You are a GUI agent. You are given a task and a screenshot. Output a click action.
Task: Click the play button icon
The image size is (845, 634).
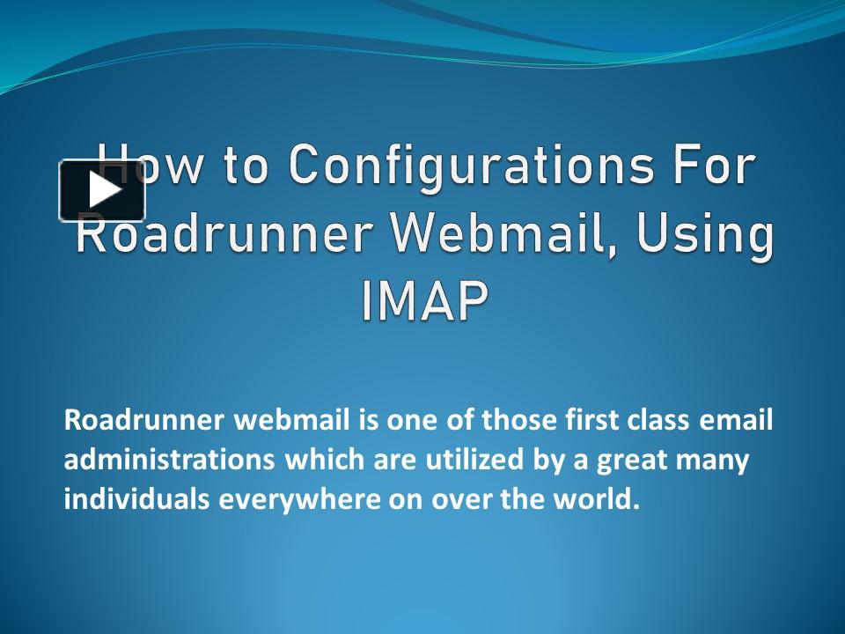point(102,190)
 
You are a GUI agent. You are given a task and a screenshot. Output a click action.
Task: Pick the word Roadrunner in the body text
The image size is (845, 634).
point(143,419)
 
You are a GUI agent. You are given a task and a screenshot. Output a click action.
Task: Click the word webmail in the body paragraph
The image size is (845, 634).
point(291,419)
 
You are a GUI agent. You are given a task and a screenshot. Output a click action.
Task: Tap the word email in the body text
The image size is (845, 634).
point(736,419)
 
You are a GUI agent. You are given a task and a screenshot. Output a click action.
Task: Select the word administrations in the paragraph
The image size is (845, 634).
point(169,459)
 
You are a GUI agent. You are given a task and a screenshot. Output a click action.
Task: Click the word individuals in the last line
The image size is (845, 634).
point(136,498)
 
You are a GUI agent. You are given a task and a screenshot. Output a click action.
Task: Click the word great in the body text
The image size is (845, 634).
point(631,461)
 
